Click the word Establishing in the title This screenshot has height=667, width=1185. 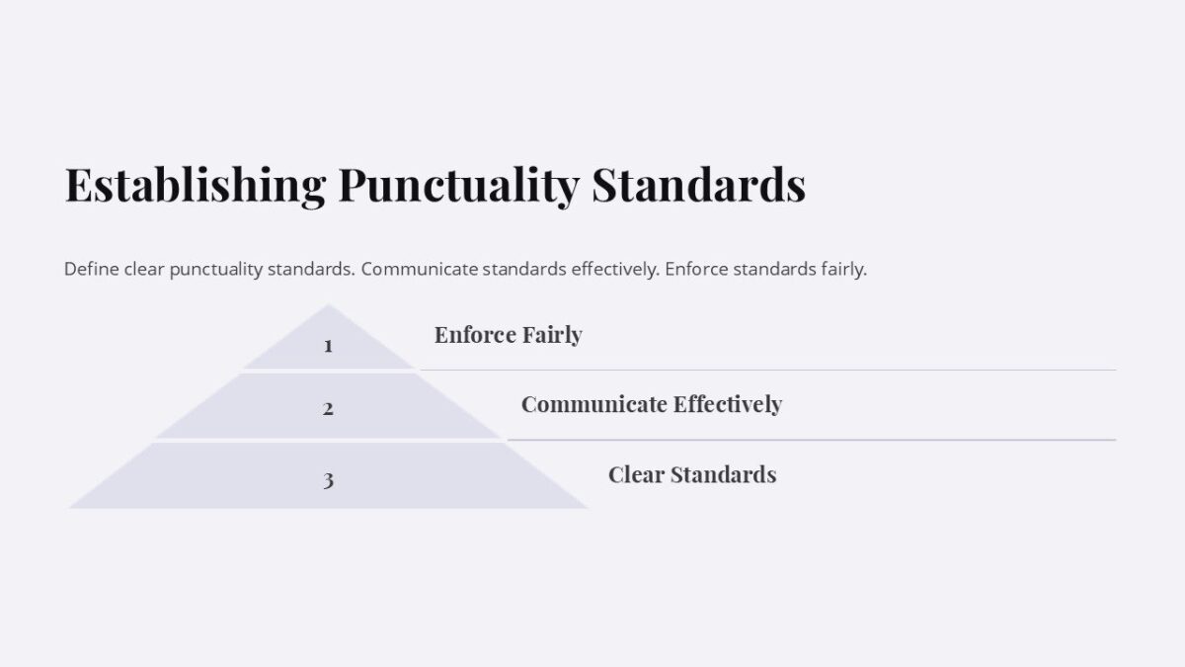click(195, 186)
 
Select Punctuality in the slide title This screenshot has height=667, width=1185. click(458, 186)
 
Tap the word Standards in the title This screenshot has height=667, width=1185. click(698, 186)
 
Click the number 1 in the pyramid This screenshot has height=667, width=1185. click(328, 346)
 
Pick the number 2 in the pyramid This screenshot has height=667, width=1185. click(328, 407)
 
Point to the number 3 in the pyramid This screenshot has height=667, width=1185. click(328, 480)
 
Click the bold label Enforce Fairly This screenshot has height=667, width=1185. click(508, 335)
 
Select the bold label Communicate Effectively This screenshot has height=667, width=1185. click(651, 404)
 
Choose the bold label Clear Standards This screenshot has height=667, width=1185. click(691, 474)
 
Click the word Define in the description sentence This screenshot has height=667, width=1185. click(92, 269)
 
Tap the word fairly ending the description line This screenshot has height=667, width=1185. click(843, 269)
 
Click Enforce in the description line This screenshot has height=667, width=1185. click(697, 269)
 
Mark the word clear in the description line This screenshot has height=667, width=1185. click(144, 269)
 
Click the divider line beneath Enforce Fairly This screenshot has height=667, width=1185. click(768, 370)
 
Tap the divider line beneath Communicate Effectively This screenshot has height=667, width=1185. click(811, 440)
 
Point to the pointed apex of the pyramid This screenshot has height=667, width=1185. click(328, 306)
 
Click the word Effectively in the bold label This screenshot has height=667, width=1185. click(727, 404)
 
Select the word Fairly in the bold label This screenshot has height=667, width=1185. click(552, 335)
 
